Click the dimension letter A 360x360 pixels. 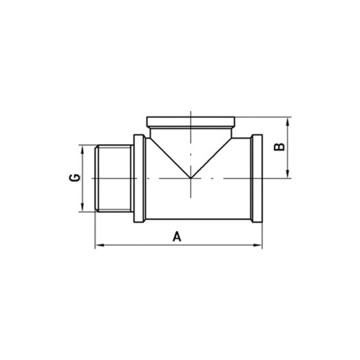click(177, 237)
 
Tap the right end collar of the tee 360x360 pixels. click(257, 178)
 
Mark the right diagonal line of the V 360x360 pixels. click(211, 156)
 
